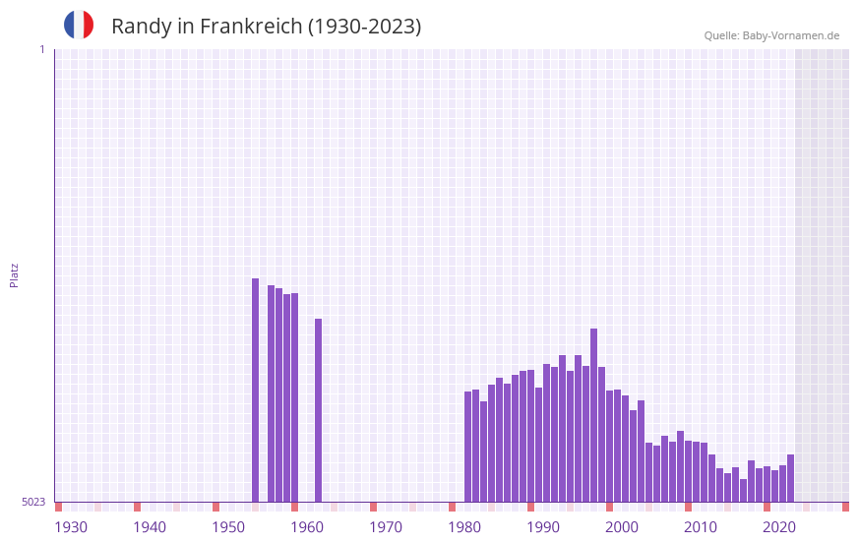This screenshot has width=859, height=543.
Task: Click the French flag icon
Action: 79,25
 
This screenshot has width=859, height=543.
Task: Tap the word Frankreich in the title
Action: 251,27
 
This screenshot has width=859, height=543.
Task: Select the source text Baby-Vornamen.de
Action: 790,35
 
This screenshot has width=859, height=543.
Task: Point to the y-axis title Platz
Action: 14,274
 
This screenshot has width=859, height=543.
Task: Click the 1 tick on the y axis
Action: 41,49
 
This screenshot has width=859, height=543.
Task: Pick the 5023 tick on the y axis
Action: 33,502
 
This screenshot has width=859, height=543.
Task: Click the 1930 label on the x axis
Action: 71,527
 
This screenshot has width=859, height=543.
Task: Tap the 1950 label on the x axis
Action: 228,527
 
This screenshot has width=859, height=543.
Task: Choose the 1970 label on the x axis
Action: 386,527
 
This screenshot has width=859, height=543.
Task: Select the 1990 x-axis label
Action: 543,527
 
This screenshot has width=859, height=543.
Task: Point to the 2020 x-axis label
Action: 779,527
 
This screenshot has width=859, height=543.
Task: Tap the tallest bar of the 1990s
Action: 594,414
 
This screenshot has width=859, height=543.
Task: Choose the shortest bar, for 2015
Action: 744,490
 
